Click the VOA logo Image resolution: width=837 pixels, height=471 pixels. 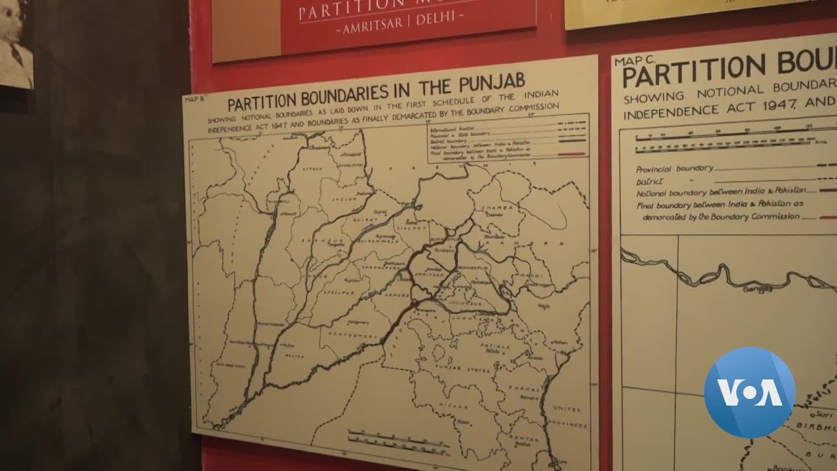point(749,392)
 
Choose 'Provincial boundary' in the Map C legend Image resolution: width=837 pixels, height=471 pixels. point(666,168)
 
